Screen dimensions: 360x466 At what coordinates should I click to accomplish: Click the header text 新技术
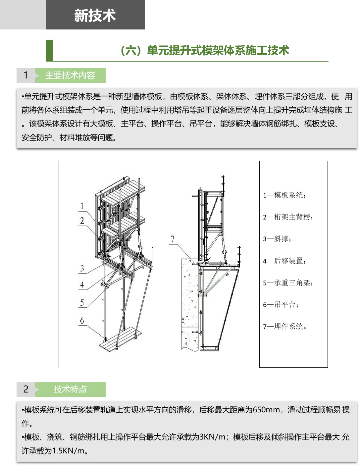point(95,15)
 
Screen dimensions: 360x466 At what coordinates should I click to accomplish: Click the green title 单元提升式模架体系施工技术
point(218,51)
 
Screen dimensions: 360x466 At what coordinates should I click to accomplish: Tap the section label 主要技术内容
point(70,76)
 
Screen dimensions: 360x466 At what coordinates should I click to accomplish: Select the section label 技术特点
point(70,389)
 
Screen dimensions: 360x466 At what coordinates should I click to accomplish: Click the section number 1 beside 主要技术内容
point(26,75)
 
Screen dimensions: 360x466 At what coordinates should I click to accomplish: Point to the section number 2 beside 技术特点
point(26,389)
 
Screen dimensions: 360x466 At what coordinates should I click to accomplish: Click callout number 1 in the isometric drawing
point(82,206)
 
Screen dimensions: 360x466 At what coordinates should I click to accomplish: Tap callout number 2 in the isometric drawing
point(82,221)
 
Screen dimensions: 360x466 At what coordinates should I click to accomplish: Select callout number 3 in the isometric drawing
point(82,268)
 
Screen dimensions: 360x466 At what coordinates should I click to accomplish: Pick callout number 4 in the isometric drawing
point(82,284)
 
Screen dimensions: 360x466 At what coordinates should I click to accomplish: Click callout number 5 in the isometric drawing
point(82,302)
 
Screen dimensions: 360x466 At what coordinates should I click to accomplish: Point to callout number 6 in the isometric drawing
point(82,320)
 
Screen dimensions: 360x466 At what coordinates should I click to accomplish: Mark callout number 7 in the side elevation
point(172,239)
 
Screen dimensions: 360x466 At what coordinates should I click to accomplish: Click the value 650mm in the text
point(266,410)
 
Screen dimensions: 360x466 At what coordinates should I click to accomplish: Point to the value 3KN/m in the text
point(212,437)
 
